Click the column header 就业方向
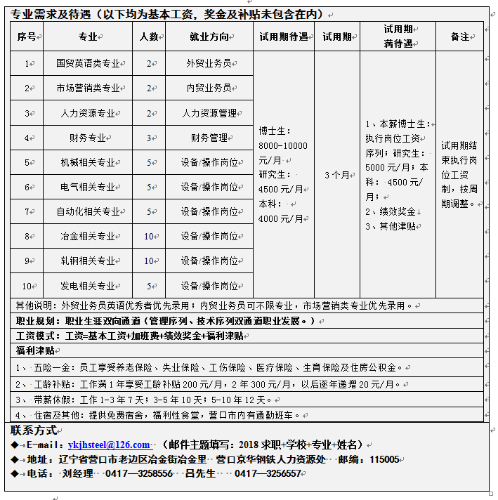tap(209, 37)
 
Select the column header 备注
tap(459, 37)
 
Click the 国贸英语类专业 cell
tap(88, 63)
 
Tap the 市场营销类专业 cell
tap(88, 88)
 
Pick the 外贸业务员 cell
tap(209, 63)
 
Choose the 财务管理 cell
tap(209, 138)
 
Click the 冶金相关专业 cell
tap(88, 237)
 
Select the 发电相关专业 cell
tap(88, 286)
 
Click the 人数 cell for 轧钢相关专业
tap(148, 261)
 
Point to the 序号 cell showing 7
tap(27, 211)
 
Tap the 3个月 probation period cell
tap(336, 175)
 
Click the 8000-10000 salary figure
tap(283, 145)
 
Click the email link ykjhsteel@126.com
tap(109, 445)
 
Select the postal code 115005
tap(385, 459)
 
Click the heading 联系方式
tap(34, 430)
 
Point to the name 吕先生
tap(200, 474)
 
